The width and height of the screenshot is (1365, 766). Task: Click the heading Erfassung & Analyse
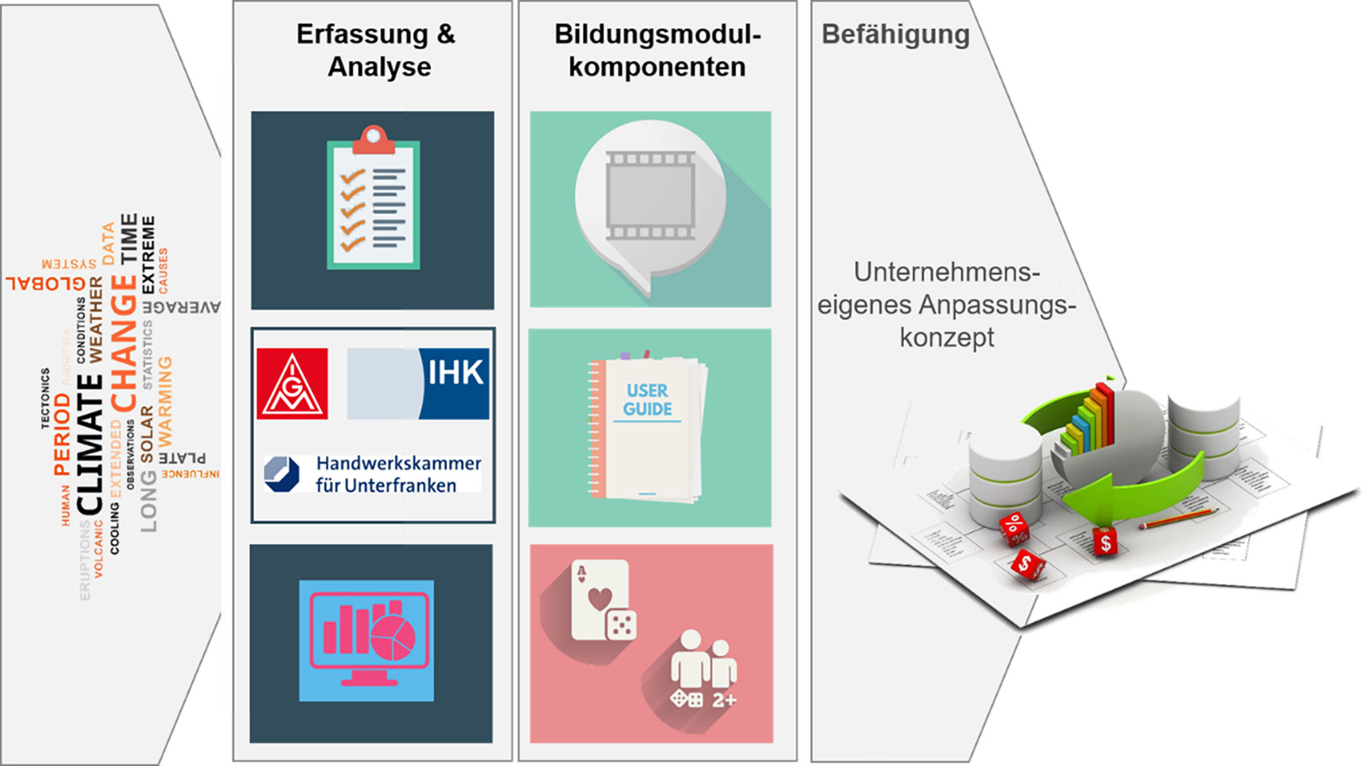pyautogui.click(x=376, y=50)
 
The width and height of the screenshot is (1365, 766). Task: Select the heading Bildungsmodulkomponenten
pyautogui.click(x=657, y=50)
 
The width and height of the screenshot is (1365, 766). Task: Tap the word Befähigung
pyautogui.click(x=895, y=35)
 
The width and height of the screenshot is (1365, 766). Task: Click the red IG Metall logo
pyautogui.click(x=292, y=384)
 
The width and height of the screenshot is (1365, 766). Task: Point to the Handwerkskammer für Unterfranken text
pyautogui.click(x=398, y=474)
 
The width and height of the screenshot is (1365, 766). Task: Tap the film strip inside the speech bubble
pyautogui.click(x=650, y=195)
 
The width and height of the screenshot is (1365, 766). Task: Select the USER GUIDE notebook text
pyautogui.click(x=647, y=400)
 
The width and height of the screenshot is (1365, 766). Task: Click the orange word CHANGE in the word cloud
pyautogui.click(x=124, y=344)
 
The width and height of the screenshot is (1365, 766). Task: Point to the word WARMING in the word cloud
pyautogui.click(x=165, y=401)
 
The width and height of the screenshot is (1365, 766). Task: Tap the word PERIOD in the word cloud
pyautogui.click(x=62, y=434)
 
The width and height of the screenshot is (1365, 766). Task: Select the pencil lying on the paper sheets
pyautogui.click(x=1179, y=519)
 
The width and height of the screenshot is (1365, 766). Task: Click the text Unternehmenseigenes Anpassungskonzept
pyautogui.click(x=946, y=304)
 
